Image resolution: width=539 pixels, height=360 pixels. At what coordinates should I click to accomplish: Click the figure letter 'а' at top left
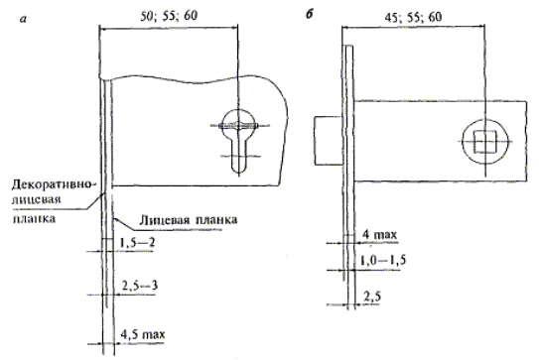[x=23, y=19]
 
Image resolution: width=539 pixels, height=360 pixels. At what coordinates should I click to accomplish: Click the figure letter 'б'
[x=310, y=16]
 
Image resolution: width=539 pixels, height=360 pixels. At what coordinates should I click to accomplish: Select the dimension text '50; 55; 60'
[x=169, y=16]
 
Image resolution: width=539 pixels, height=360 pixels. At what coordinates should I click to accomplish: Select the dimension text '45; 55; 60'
[x=413, y=17]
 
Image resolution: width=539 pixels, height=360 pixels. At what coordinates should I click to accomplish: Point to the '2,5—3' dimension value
[x=140, y=286]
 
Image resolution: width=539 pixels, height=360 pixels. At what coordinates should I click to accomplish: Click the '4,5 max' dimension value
[x=143, y=334]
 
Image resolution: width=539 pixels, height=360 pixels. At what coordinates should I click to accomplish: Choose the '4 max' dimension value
[x=380, y=235]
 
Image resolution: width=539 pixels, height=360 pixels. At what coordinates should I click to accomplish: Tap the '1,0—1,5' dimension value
[x=383, y=260]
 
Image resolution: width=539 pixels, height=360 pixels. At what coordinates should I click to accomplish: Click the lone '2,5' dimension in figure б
[x=372, y=297]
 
